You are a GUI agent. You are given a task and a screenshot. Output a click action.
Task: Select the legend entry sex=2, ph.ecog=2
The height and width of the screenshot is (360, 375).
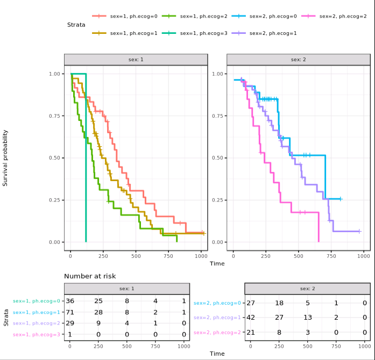tap(343, 17)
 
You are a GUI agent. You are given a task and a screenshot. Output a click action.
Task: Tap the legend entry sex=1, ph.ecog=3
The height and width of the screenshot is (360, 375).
tap(203, 33)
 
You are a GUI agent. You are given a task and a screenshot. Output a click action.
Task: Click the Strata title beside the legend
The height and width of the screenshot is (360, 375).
tap(76, 25)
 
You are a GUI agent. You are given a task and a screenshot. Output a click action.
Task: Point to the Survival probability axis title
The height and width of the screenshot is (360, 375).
tap(5, 157)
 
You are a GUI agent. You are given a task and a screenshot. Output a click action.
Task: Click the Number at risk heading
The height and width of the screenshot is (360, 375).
tap(90, 276)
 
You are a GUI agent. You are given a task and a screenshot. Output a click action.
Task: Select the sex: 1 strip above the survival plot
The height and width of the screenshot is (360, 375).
tap(135, 59)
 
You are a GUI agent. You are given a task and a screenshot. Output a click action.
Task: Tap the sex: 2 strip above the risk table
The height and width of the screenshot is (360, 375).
tap(307, 289)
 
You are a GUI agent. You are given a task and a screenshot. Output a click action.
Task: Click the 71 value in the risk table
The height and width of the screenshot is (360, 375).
tap(70, 312)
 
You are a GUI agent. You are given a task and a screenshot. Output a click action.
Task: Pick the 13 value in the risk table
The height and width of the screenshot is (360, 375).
tap(307, 318)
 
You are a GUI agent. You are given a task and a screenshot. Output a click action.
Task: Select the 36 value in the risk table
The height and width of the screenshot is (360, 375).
tap(70, 301)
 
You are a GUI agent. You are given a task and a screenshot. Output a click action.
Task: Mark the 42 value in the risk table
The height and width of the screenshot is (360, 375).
tap(250, 318)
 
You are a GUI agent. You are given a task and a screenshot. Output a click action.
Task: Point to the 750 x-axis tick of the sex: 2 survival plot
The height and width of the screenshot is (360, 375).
tap(331, 253)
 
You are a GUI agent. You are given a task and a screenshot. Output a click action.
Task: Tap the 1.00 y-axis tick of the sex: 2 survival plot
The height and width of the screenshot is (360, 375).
tap(217, 74)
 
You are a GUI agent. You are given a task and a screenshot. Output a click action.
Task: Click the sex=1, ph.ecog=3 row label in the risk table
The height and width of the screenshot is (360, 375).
tap(37, 335)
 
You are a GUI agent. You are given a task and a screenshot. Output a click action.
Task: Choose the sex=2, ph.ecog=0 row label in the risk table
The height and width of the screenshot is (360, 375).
tap(217, 303)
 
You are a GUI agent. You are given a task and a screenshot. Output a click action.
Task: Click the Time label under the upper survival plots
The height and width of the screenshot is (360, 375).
tap(217, 263)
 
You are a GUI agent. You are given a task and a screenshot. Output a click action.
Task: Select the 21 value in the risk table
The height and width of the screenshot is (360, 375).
tap(250, 332)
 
